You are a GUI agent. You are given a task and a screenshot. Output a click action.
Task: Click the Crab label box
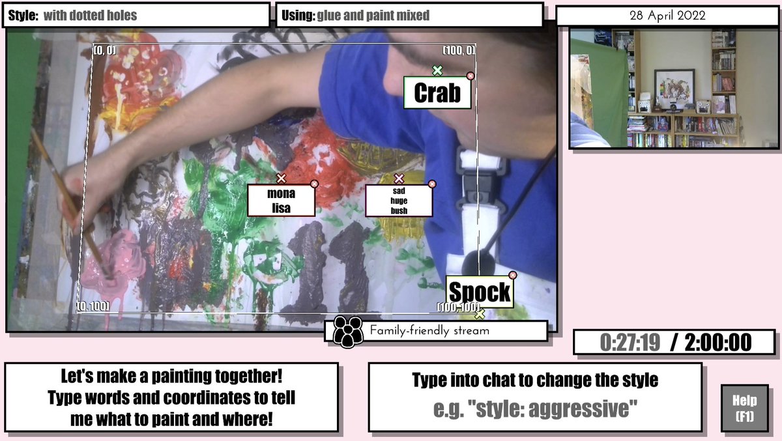point(437,92)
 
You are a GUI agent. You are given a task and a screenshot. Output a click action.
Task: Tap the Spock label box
point(480,292)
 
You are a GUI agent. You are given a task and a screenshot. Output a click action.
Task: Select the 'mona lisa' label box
point(281,201)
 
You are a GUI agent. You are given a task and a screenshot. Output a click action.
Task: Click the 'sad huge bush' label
point(399,201)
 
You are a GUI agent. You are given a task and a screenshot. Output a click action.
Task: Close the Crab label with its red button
point(471,76)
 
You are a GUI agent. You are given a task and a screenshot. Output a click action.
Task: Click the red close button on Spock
point(512,276)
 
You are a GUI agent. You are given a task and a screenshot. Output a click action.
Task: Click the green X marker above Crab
point(437,70)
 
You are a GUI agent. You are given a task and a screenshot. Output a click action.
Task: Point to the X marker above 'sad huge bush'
point(399,178)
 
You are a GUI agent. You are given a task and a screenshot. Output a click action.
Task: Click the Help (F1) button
point(745,408)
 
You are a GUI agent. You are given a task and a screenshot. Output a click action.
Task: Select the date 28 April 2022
point(667,16)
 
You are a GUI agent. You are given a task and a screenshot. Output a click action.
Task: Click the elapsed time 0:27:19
point(630,342)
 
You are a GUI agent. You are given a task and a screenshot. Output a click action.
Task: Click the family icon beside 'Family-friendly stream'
point(347,332)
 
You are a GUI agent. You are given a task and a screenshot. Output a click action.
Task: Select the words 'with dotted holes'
point(90,16)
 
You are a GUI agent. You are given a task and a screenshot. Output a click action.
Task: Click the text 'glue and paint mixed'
point(373,16)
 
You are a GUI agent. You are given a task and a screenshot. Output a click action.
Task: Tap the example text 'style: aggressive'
point(553,408)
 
